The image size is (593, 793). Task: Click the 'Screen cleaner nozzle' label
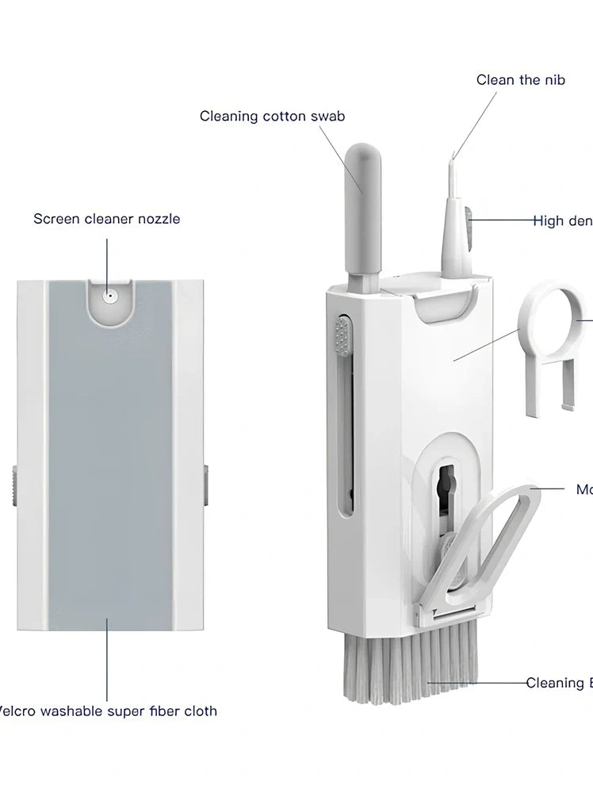(106, 218)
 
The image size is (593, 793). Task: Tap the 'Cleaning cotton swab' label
(272, 117)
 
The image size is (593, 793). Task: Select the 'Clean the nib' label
(520, 79)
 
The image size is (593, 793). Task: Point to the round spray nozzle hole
(109, 297)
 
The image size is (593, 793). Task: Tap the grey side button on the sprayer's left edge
(13, 484)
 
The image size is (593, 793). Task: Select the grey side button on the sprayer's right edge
(205, 484)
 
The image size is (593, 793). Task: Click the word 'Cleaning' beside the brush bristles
(553, 683)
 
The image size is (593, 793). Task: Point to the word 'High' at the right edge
(549, 221)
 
